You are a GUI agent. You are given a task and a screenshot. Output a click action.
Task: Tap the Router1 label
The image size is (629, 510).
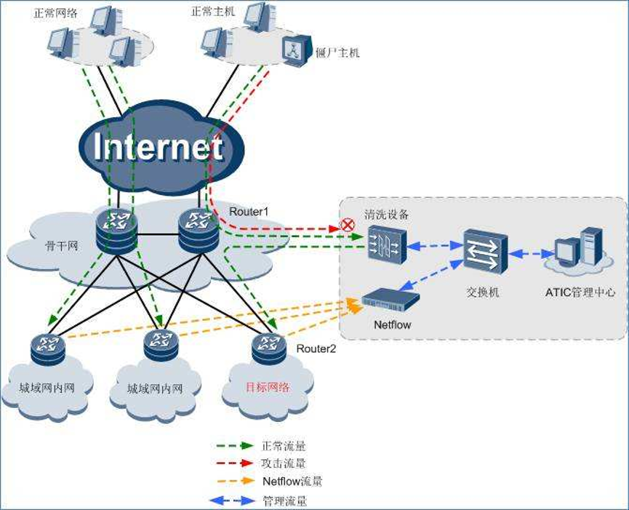coord(249,211)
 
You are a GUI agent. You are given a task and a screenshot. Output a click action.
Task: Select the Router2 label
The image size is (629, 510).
coord(316,348)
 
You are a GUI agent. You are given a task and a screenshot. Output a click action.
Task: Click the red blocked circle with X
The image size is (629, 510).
coord(348,226)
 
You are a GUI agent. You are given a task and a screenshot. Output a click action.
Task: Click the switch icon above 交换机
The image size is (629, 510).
coord(485,251)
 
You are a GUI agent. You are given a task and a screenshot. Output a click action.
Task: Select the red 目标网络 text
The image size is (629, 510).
coord(268,387)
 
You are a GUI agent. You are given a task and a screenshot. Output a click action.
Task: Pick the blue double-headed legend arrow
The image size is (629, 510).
coord(232,500)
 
